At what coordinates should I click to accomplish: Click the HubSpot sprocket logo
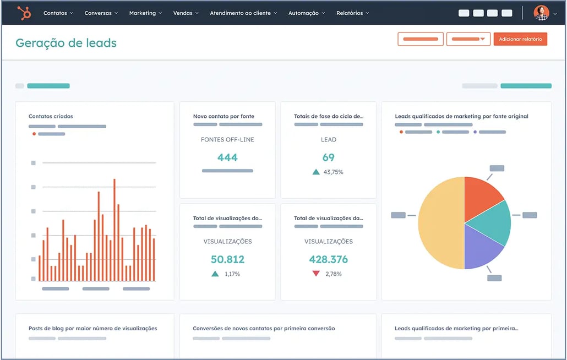(24, 13)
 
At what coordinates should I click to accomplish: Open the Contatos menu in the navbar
(58, 13)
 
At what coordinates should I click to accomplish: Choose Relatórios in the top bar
(353, 13)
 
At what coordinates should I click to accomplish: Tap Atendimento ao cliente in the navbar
(243, 13)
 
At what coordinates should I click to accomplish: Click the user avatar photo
(542, 13)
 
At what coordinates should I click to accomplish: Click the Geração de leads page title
(66, 43)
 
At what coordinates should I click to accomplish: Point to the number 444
(227, 157)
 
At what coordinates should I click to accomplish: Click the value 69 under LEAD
(329, 157)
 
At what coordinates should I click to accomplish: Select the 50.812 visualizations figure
(227, 259)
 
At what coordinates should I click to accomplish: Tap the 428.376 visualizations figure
(329, 259)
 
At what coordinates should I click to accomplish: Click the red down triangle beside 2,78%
(316, 274)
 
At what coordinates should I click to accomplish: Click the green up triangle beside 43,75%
(316, 172)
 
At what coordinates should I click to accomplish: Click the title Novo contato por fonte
(223, 116)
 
